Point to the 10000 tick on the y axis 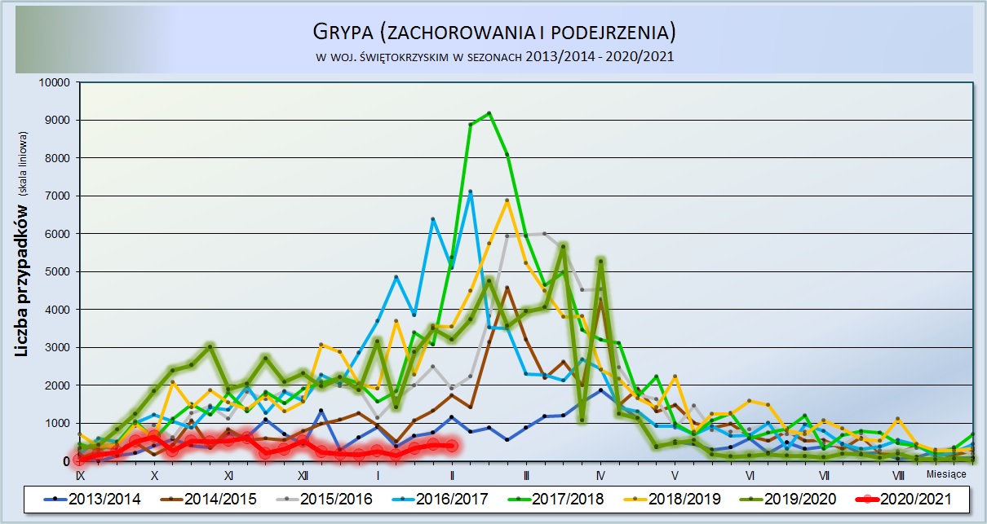click(53, 82)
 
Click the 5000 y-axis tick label click(56, 271)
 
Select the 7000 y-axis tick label click(56, 196)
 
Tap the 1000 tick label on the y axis click(56, 423)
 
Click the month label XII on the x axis click(303, 475)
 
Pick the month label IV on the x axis click(600, 475)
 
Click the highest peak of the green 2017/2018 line click(489, 113)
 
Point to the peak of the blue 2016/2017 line click(470, 192)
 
